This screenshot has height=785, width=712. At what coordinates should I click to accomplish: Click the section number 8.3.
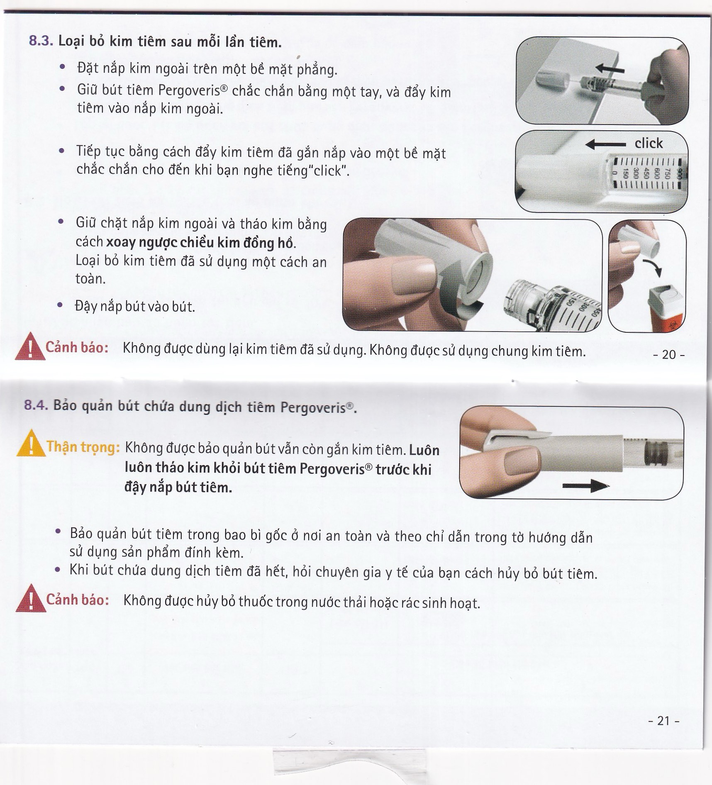pyautogui.click(x=41, y=41)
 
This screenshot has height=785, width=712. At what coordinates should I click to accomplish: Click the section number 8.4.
pyautogui.click(x=37, y=405)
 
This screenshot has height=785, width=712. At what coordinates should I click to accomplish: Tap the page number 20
pyautogui.click(x=668, y=354)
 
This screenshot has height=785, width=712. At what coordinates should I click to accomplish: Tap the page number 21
pyautogui.click(x=664, y=721)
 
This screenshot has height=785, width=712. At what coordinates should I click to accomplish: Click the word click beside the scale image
pyautogui.click(x=649, y=144)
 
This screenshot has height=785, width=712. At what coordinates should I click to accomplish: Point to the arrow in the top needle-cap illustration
pyautogui.click(x=610, y=68)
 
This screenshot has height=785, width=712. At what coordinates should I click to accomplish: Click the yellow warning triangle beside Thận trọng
pyautogui.click(x=30, y=445)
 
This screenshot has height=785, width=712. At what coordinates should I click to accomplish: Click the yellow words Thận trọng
pyautogui.click(x=83, y=447)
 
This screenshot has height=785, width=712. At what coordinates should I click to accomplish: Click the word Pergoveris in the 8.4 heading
pyautogui.click(x=313, y=407)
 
